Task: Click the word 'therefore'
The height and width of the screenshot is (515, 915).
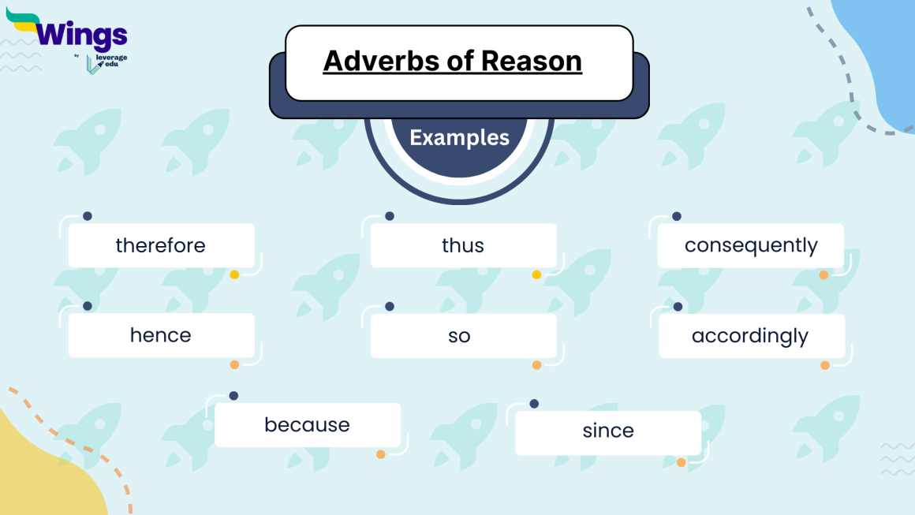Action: tap(160, 245)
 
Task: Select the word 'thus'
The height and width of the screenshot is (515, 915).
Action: tap(463, 245)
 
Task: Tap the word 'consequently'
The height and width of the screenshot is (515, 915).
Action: tap(751, 245)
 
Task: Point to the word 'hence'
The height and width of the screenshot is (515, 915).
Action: tap(161, 335)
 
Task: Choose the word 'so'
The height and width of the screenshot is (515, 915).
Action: tap(459, 336)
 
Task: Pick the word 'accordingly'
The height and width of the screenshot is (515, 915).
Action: tap(750, 336)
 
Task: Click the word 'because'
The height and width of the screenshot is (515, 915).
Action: tap(307, 425)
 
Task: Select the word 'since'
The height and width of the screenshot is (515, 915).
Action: tap(608, 431)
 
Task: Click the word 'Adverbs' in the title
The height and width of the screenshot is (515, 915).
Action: tap(383, 61)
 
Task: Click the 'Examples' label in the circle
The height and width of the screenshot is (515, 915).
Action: tap(460, 138)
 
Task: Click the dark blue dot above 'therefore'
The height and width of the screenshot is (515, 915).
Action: tap(88, 216)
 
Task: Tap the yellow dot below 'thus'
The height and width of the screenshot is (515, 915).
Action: tap(536, 275)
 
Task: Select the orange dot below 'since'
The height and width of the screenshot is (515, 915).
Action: tap(682, 463)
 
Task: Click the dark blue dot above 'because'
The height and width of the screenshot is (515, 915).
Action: tap(233, 396)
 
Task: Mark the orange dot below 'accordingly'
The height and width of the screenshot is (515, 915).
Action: tap(825, 365)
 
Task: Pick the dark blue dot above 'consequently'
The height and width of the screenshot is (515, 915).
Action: tap(677, 216)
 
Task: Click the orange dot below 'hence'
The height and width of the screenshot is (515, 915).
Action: tap(234, 364)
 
